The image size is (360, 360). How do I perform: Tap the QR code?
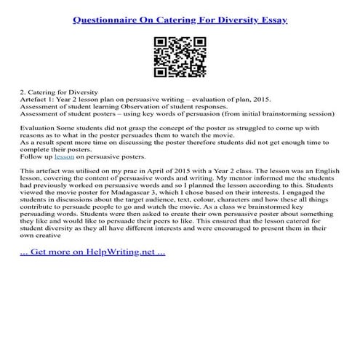[x=180, y=56]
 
